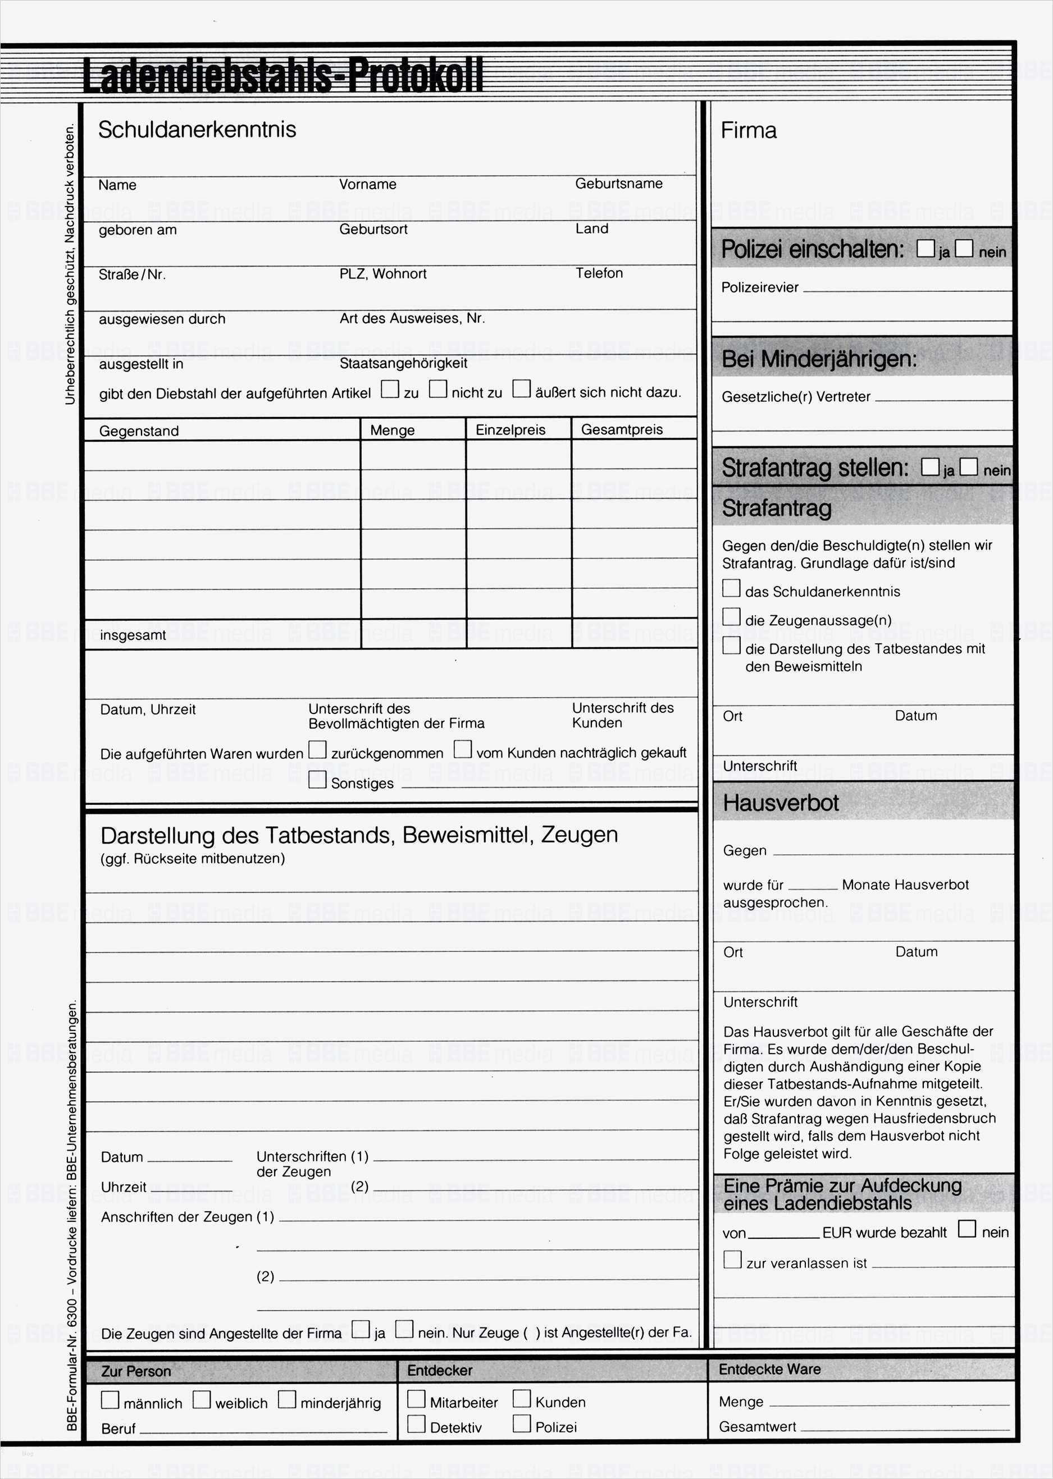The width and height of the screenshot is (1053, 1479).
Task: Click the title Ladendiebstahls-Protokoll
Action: pos(282,76)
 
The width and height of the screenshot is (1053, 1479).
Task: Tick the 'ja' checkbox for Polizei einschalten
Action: pos(926,249)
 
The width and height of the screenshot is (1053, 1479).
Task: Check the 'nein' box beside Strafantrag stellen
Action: pos(968,466)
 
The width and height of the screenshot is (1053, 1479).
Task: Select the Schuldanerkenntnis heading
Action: pos(197,130)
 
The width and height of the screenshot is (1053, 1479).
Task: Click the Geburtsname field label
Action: pos(618,184)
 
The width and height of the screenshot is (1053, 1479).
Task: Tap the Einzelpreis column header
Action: pos(510,430)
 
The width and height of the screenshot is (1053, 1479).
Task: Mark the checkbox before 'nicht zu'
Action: pos(438,389)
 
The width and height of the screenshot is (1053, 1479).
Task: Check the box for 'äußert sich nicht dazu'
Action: pos(521,389)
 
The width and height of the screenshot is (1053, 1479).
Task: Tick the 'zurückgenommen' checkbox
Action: pos(317,750)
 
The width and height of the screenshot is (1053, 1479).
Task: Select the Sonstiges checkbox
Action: pos(317,780)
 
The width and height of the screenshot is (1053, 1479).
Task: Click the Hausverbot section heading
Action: pos(781,803)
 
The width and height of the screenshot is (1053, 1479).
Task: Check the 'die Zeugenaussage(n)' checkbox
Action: pos(731,617)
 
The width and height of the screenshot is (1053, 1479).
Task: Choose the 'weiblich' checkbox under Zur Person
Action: pos(202,1400)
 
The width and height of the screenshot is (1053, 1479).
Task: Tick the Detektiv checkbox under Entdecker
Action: pos(416,1424)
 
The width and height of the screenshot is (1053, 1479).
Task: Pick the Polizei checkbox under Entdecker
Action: pos(521,1423)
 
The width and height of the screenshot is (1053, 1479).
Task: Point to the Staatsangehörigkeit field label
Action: pos(403,363)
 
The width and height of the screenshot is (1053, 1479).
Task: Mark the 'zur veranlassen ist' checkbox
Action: pos(732,1260)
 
